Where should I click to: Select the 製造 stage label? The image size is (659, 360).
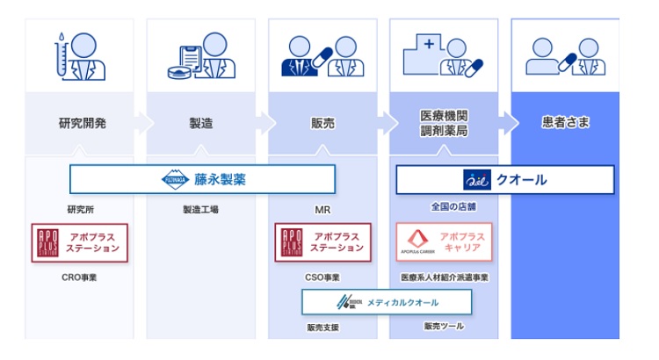(201, 123)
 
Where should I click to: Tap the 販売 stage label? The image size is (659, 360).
(322, 123)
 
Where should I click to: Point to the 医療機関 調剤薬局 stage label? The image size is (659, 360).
(445, 123)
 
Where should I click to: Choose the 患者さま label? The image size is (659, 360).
(563, 123)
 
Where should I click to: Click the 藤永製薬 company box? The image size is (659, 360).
(202, 179)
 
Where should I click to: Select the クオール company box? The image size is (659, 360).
(504, 179)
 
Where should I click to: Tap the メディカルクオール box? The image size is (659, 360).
(387, 302)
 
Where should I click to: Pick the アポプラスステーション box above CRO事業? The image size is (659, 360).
(80, 242)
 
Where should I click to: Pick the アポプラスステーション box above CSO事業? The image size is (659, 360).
(322, 242)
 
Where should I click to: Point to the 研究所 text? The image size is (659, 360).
(80, 210)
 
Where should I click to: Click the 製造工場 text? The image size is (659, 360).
(201, 210)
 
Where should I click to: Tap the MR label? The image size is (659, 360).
(322, 210)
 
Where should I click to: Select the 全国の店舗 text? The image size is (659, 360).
(445, 207)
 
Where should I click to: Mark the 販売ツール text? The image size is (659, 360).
(444, 327)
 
